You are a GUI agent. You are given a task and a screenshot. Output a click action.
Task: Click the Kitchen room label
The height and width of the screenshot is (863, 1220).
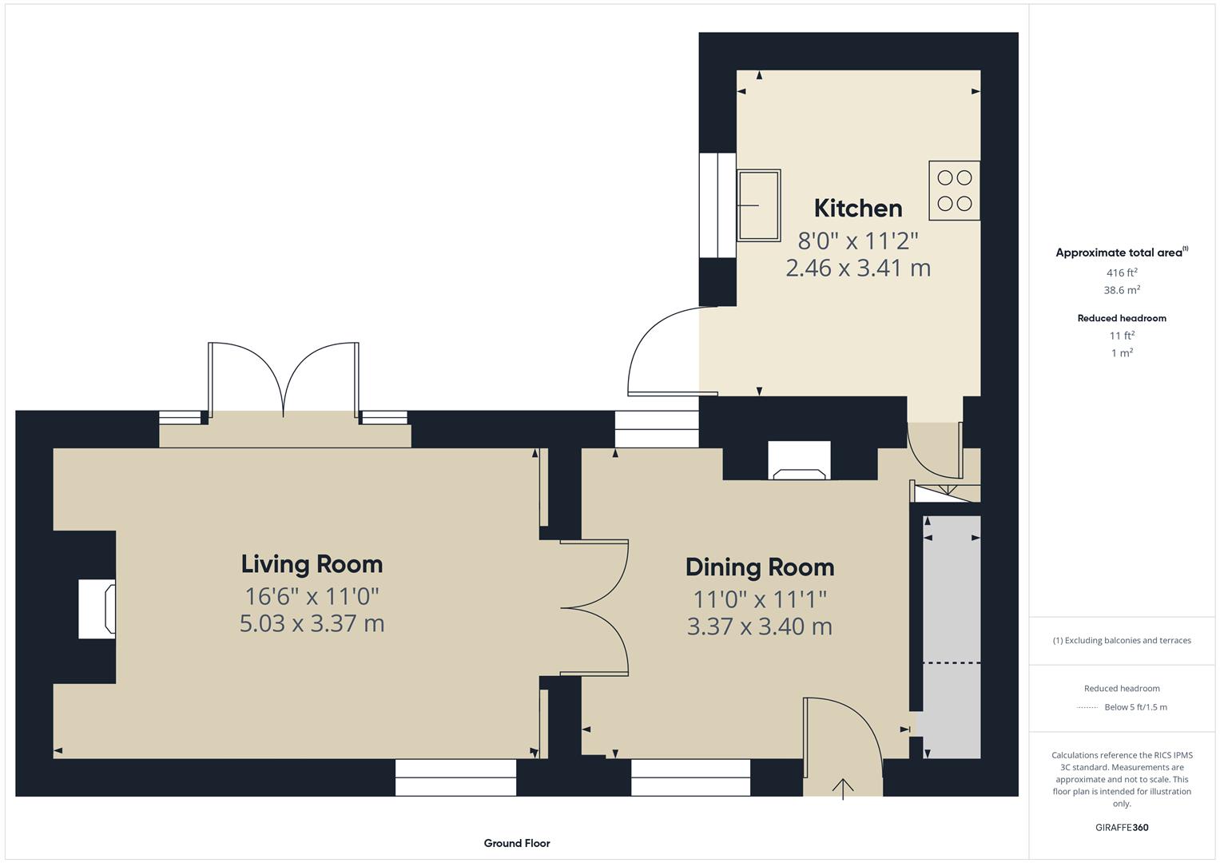[x=858, y=209]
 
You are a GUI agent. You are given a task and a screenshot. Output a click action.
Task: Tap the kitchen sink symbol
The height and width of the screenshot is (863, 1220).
[x=758, y=205]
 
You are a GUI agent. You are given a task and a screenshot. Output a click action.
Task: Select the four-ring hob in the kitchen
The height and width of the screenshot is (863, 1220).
[x=954, y=191]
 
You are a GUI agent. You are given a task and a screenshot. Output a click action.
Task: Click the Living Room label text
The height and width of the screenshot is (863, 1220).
[x=312, y=564]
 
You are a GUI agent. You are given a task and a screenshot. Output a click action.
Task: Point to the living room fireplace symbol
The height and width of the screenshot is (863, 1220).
[x=97, y=609]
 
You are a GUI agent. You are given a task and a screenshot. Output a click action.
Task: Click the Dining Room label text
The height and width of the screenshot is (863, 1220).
[x=759, y=567]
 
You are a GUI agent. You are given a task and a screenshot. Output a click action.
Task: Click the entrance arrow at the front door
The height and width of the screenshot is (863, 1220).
[x=843, y=788]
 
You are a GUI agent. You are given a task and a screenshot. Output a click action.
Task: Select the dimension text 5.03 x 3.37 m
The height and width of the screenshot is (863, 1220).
[x=312, y=623]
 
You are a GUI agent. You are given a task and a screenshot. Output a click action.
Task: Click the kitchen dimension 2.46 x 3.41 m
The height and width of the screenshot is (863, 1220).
[x=858, y=268]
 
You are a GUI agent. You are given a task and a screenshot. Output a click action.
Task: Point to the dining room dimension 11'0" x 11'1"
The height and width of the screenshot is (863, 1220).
[x=759, y=599]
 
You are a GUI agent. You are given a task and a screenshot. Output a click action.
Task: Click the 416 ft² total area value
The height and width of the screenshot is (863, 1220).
[x=1122, y=272]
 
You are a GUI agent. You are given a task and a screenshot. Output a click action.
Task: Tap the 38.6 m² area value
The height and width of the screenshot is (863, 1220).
[x=1122, y=290]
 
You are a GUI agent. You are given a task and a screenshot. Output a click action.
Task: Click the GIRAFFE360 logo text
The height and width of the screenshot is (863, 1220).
[x=1122, y=827]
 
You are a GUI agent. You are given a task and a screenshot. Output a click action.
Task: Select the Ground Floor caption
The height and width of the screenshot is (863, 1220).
[x=517, y=843]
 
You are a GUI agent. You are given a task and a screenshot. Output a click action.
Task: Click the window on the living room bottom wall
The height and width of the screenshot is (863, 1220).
[x=455, y=777]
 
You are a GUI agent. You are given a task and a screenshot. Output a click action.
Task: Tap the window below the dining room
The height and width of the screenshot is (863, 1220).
[x=690, y=777]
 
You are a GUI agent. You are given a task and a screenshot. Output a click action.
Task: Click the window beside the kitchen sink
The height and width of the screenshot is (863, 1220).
[x=717, y=205]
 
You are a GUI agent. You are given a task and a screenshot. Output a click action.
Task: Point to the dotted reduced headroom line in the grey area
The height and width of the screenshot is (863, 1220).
[x=951, y=663]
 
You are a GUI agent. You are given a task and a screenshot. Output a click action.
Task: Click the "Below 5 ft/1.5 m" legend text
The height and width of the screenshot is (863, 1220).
[x=1135, y=707]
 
